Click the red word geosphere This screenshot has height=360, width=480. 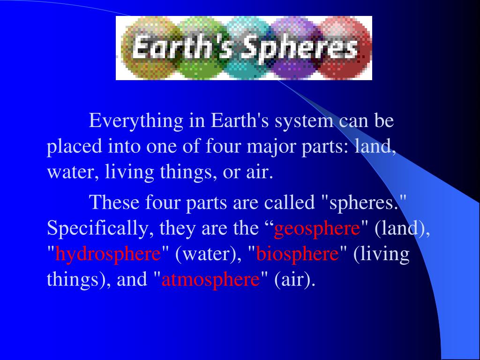(x=317, y=229)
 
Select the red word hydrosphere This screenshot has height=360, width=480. (x=108, y=255)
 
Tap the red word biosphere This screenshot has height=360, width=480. (x=298, y=255)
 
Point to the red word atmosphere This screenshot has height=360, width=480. (x=210, y=280)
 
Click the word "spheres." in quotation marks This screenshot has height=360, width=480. (x=363, y=203)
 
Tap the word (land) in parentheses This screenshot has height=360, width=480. (x=403, y=229)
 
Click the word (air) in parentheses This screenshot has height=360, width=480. (x=295, y=280)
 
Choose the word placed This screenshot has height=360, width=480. (x=75, y=147)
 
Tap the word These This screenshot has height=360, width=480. (x=114, y=203)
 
